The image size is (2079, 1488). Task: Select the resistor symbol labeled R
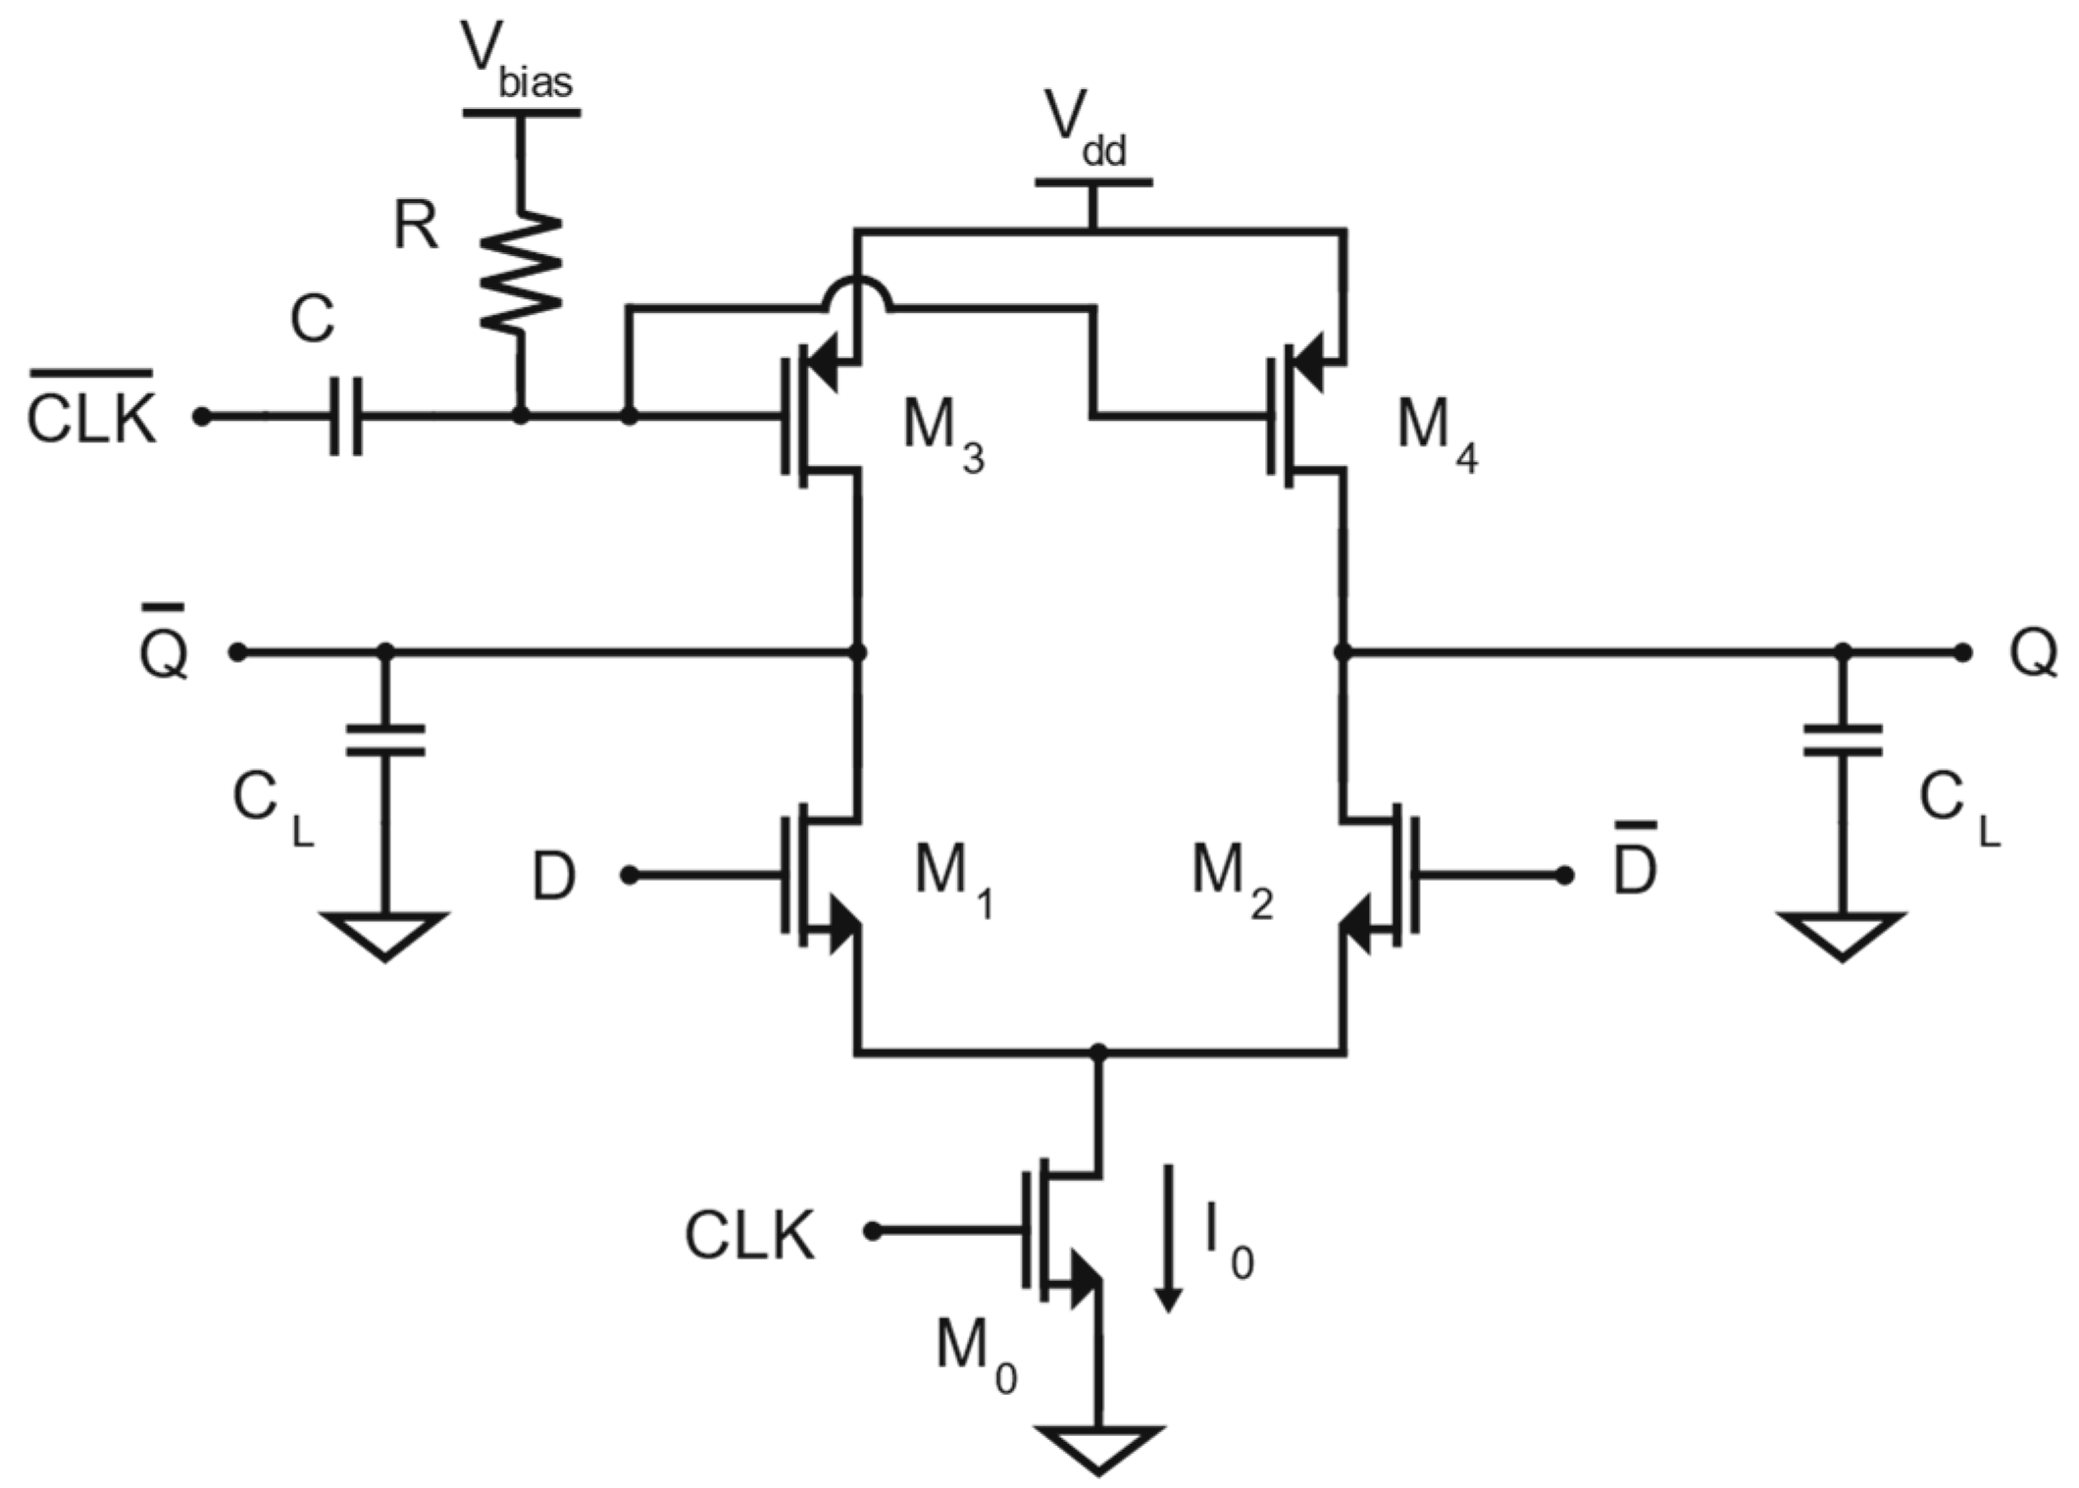pyautogui.click(x=520, y=273)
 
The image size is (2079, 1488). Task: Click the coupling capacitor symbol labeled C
pyautogui.click(x=345, y=416)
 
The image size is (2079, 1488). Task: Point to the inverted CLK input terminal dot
pyautogui.click(x=201, y=417)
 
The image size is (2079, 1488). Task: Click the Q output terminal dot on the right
pyautogui.click(x=1961, y=652)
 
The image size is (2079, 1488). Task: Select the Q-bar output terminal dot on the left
pyautogui.click(x=236, y=652)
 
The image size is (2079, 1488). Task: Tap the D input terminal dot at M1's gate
pyautogui.click(x=630, y=875)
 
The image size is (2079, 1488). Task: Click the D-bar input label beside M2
pyautogui.click(x=1635, y=868)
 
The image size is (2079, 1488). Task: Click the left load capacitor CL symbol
pyautogui.click(x=384, y=741)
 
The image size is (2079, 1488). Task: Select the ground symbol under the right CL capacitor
pyautogui.click(x=1842, y=935)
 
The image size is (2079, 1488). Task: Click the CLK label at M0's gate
pyautogui.click(x=749, y=1236)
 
